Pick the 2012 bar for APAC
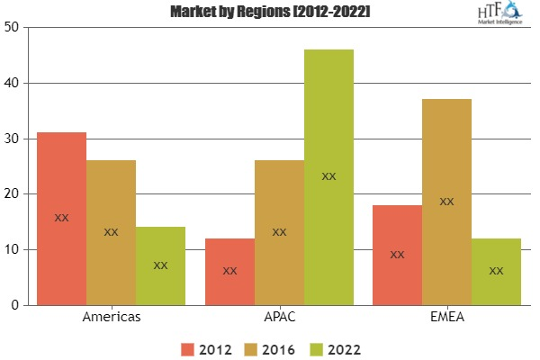coord(229,271)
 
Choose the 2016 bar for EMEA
coord(446,202)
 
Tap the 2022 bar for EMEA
coord(496,271)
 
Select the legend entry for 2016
coord(271,348)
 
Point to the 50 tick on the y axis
coord(13,27)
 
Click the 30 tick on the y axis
coord(13,139)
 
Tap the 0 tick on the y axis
coord(16,305)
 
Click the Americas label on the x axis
coord(111,318)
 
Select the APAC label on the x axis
coord(279,318)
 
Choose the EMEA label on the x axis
coord(446,318)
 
